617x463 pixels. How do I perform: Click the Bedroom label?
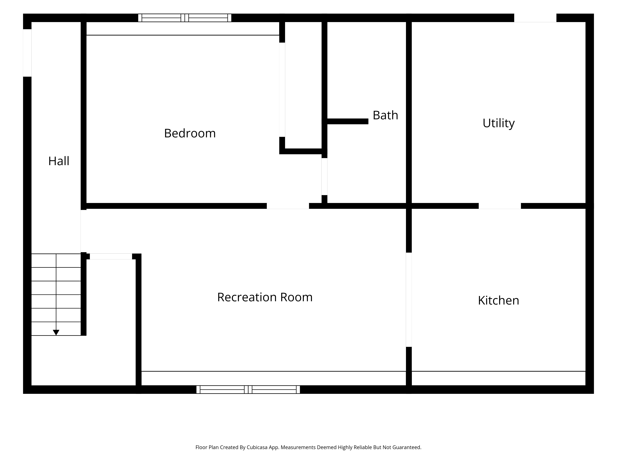pyautogui.click(x=190, y=133)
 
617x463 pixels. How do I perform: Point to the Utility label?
pyautogui.click(x=498, y=123)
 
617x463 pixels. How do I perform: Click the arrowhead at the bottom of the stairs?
pyautogui.click(x=56, y=332)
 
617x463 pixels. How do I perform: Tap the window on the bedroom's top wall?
pyautogui.click(x=185, y=18)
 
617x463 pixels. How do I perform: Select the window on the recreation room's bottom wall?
pyautogui.click(x=248, y=389)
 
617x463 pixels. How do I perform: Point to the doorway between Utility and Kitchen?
pyautogui.click(x=500, y=206)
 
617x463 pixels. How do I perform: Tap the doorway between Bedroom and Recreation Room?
pyautogui.click(x=288, y=206)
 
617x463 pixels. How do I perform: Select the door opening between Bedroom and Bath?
pyautogui.click(x=324, y=176)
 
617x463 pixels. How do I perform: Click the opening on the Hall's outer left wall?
pyautogui.click(x=27, y=53)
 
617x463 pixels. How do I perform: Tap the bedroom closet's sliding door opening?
pyautogui.click(x=282, y=90)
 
